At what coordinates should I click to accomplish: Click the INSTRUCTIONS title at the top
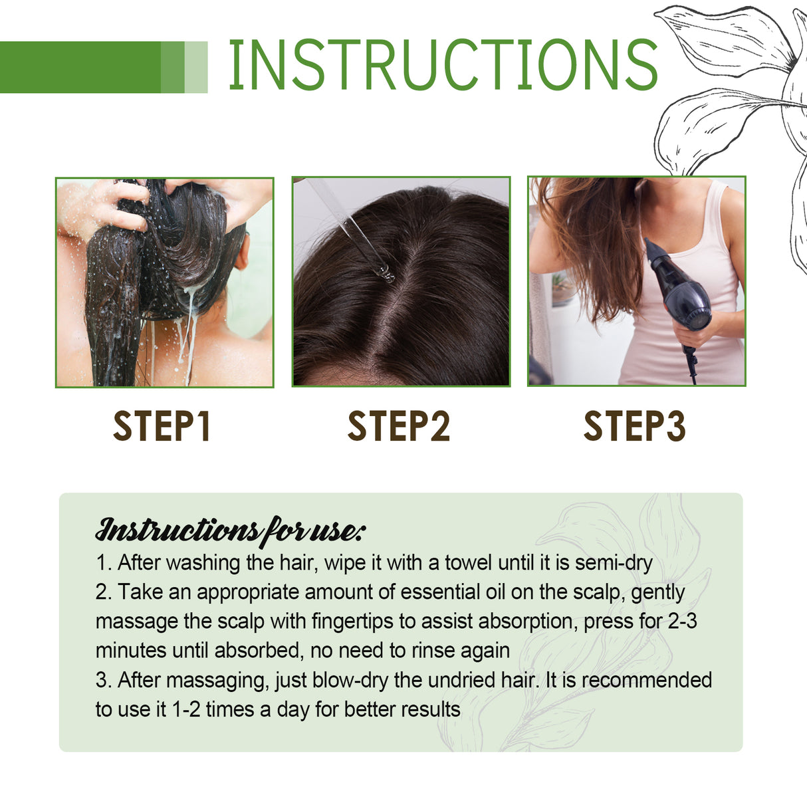coord(443,64)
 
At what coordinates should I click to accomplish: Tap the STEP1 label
coord(162,427)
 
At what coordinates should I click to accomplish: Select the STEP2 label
coord(399,427)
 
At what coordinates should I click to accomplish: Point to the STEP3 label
coord(634,427)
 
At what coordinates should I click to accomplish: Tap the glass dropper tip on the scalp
coord(385,273)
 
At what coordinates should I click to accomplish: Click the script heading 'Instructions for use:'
coord(230,530)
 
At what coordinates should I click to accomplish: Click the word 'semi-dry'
coord(614,563)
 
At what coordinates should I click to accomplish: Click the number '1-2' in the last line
coord(185,709)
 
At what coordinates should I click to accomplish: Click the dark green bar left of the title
coord(80,67)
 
